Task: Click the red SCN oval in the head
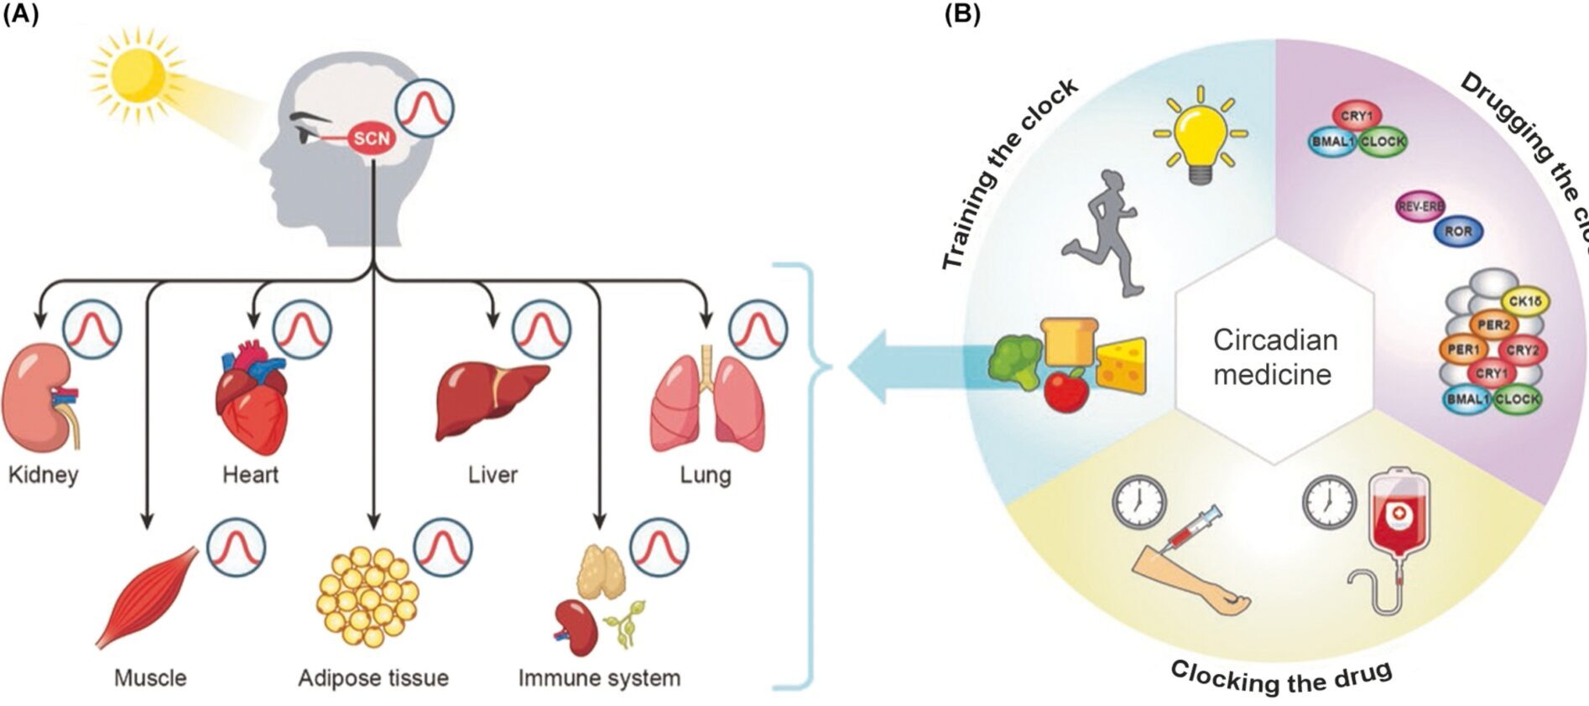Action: pyautogui.click(x=371, y=138)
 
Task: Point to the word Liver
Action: pyautogui.click(x=492, y=475)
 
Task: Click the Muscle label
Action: pyautogui.click(x=150, y=677)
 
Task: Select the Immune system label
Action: pyautogui.click(x=599, y=677)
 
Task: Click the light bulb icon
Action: pyautogui.click(x=1200, y=138)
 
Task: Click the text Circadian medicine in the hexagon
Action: pyautogui.click(x=1274, y=357)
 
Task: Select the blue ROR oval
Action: pyautogui.click(x=1458, y=231)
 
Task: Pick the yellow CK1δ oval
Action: pyautogui.click(x=1524, y=302)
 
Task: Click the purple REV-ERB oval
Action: pyautogui.click(x=1420, y=206)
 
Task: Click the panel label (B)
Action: pyautogui.click(x=962, y=14)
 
